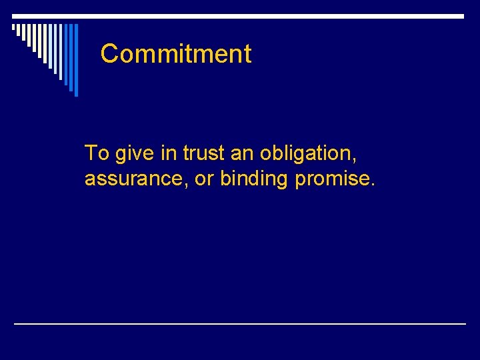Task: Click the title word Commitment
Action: pyautogui.click(x=176, y=54)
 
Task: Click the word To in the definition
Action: pyautogui.click(x=97, y=153)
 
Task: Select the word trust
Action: pyautogui.click(x=205, y=153)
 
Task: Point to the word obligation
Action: pyautogui.click(x=307, y=154)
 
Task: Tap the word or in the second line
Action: pyautogui.click(x=205, y=179)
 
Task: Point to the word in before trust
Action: pyautogui.click(x=168, y=153)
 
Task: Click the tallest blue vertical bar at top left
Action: pyautogui.click(x=76, y=60)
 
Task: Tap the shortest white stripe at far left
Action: pyautogui.click(x=14, y=29)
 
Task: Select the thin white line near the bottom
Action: pyautogui.click(x=240, y=323)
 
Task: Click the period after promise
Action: pyautogui.click(x=373, y=185)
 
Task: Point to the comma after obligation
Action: pyautogui.click(x=355, y=161)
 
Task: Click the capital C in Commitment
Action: pyautogui.click(x=109, y=54)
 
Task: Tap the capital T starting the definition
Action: pyautogui.click(x=91, y=153)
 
